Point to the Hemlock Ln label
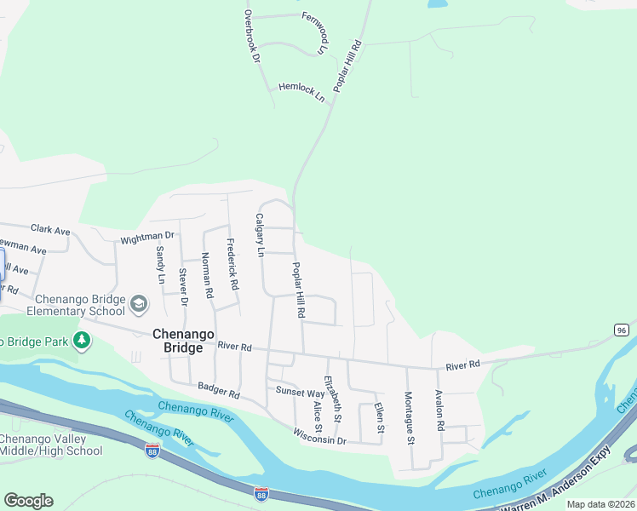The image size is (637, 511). coord(301,92)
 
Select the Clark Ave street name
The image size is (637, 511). coord(50,230)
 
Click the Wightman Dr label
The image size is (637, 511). coord(147,237)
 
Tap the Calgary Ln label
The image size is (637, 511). coord(261,235)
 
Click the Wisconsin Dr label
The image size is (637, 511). coord(319,439)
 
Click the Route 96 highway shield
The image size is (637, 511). coord(621,330)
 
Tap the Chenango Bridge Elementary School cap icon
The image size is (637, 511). coord(139,303)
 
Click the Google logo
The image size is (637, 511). coord(28,501)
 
